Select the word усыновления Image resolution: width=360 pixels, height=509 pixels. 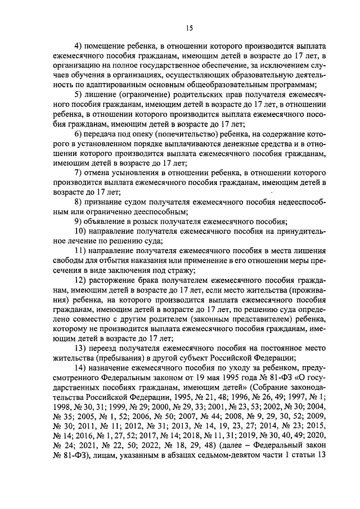click(x=133, y=172)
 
